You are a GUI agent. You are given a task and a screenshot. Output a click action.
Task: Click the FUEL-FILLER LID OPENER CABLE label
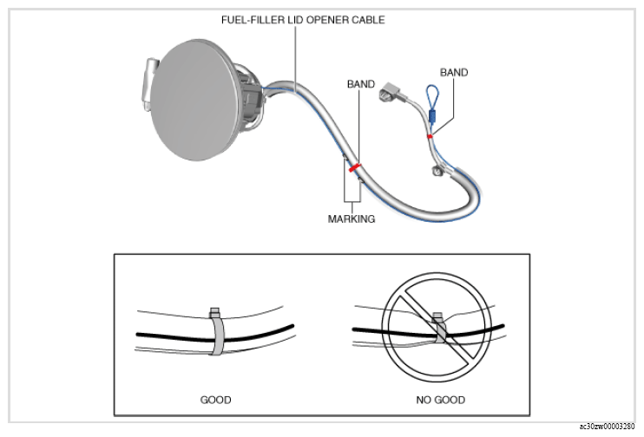pos(303,20)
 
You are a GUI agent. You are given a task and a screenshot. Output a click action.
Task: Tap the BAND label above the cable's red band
pos(361,84)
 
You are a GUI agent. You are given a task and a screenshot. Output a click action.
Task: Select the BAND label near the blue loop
pos(454,73)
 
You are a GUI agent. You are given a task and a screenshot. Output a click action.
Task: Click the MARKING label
pos(352,219)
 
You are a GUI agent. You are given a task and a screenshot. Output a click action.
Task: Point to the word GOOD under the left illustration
pos(215,400)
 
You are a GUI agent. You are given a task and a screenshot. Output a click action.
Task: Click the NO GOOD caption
pos(441,400)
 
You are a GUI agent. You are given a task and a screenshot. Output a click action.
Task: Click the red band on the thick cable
pos(354,167)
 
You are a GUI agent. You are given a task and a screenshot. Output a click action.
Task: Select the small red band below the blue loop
pos(430,136)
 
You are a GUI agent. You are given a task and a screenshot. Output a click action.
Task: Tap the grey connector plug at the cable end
pos(391,92)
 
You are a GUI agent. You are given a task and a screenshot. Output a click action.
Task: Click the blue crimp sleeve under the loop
pos(431,116)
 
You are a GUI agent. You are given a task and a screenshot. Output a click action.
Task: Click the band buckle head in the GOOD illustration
pos(215,312)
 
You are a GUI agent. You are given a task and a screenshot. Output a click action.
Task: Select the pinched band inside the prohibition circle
pos(440,329)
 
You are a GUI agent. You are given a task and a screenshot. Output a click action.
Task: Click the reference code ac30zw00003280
pos(607,427)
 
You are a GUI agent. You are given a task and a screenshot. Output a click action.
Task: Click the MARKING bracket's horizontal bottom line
pos(352,201)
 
